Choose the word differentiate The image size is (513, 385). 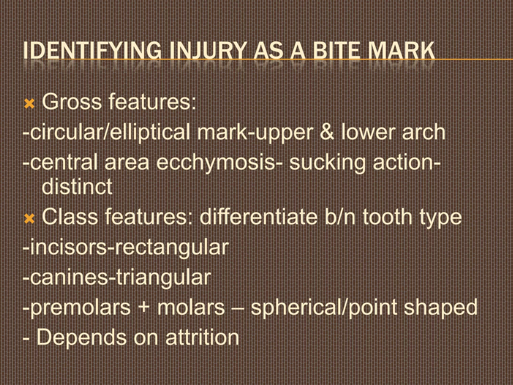258,217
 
